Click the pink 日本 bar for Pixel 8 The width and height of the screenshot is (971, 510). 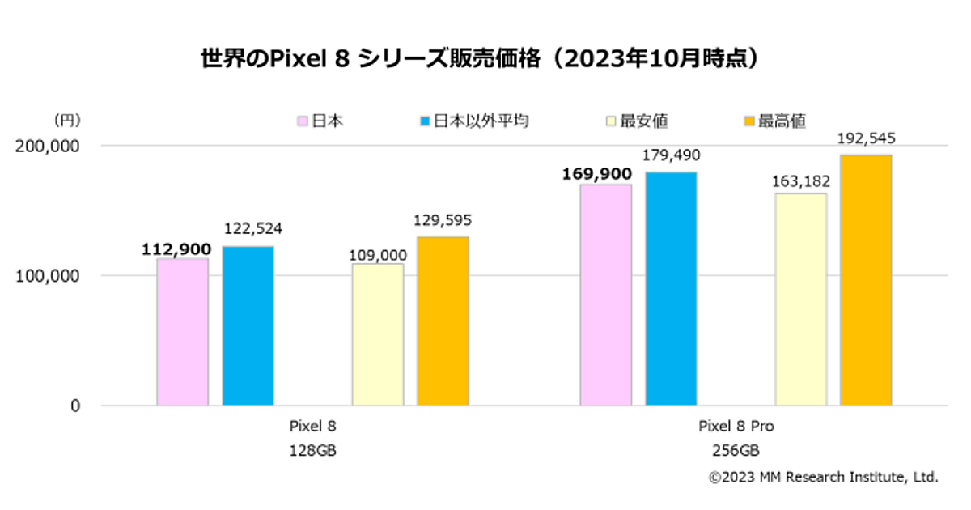click(182, 331)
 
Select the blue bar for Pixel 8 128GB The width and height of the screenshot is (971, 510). click(248, 325)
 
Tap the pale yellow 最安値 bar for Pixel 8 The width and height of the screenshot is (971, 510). click(378, 334)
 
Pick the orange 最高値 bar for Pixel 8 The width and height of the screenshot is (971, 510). click(443, 321)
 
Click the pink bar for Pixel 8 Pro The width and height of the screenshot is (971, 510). click(606, 295)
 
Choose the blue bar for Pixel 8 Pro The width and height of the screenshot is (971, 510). click(671, 288)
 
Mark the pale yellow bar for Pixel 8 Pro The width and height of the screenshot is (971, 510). click(801, 299)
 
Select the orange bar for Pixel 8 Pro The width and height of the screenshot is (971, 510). click(866, 279)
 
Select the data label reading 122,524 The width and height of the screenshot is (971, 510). click(252, 229)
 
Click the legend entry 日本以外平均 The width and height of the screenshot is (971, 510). click(473, 121)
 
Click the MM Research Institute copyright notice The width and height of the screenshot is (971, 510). click(823, 478)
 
